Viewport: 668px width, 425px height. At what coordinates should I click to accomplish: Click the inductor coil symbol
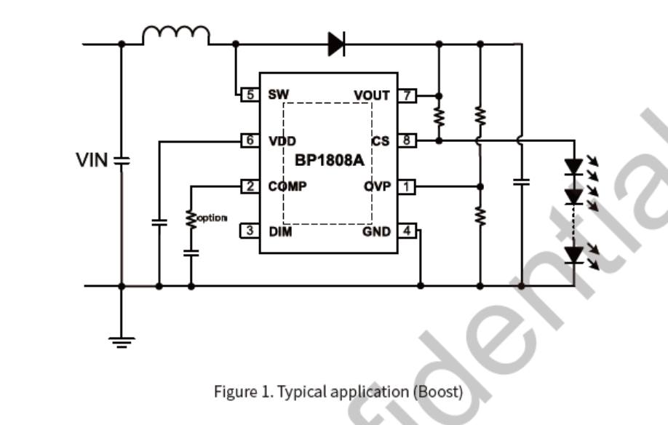click(x=176, y=35)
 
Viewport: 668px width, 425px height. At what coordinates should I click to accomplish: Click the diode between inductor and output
click(x=335, y=44)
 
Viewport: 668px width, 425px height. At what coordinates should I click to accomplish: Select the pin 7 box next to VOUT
click(x=407, y=95)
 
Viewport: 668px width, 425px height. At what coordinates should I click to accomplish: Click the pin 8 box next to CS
click(x=407, y=140)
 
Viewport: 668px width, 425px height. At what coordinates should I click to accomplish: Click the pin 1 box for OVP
click(x=407, y=186)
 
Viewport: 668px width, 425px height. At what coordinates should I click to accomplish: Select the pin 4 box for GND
click(x=407, y=231)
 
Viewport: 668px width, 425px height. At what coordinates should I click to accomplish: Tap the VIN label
click(x=92, y=160)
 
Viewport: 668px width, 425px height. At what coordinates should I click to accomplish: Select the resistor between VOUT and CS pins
click(x=439, y=116)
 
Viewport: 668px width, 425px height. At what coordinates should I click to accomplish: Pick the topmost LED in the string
click(x=575, y=167)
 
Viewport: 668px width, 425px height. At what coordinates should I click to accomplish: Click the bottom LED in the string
click(x=575, y=255)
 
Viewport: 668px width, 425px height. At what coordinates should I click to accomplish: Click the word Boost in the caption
click(x=437, y=392)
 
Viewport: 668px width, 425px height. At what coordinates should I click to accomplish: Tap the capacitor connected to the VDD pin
click(x=158, y=222)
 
